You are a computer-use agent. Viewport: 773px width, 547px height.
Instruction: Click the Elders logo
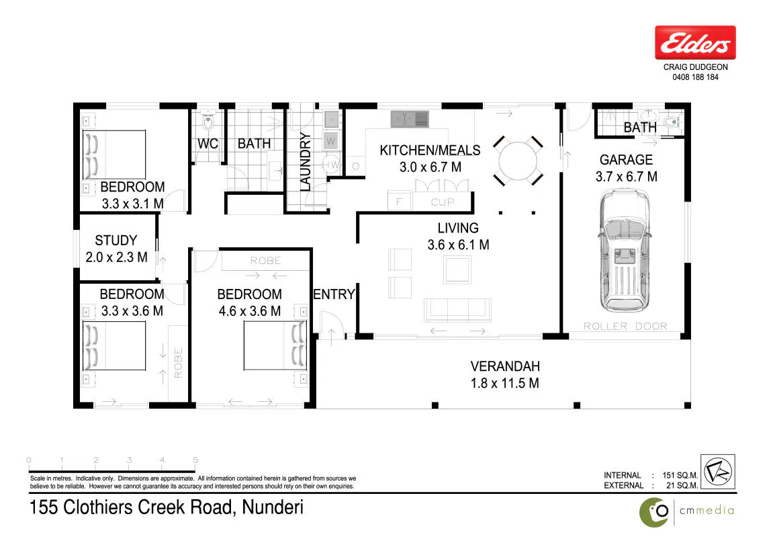click(695, 42)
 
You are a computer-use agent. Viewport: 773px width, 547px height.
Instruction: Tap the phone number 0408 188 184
click(695, 77)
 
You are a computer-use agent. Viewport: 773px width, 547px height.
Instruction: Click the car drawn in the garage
click(625, 251)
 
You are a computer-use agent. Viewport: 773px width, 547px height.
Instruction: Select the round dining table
click(518, 161)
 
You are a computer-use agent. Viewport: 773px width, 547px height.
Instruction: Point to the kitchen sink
click(410, 119)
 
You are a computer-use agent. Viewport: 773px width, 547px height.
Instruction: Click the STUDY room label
click(116, 240)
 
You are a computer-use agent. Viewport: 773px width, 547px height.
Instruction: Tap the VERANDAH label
click(505, 366)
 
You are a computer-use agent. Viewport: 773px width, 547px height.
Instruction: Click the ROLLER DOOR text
click(625, 326)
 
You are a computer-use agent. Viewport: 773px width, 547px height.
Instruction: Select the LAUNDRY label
click(306, 161)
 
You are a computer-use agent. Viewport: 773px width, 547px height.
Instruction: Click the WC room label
click(208, 144)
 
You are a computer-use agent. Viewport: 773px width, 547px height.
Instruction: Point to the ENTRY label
click(334, 294)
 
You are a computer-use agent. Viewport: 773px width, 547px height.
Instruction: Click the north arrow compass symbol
click(718, 472)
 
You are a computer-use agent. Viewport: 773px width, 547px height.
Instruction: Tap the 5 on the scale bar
click(195, 460)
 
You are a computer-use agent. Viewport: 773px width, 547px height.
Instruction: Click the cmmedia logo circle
click(654, 513)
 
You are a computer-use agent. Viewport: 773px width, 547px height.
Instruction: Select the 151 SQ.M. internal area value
click(680, 476)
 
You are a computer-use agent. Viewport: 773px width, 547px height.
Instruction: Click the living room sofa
click(457, 310)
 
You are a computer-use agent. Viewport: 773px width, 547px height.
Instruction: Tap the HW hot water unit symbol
click(331, 165)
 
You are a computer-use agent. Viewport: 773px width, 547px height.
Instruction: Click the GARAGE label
click(626, 160)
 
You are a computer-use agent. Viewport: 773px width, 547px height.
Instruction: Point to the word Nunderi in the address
click(273, 507)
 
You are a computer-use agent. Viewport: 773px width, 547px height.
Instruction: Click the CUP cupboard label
click(442, 202)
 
